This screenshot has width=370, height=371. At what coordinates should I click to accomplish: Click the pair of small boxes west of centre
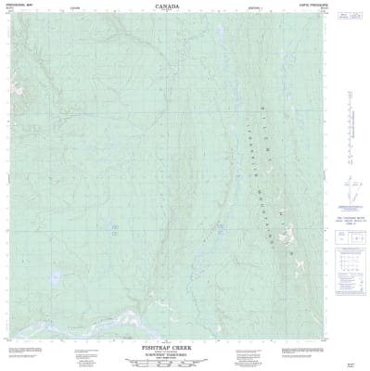click(115, 226)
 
